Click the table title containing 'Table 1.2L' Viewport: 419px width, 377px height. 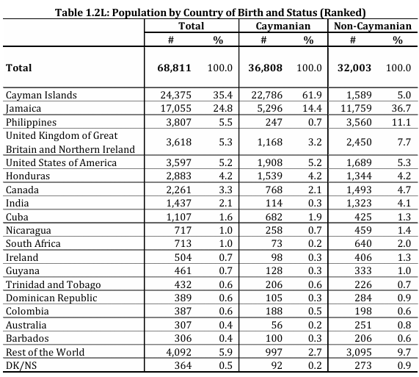pyautogui.click(x=210, y=12)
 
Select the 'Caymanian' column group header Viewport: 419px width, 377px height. pyautogui.click(x=283, y=26)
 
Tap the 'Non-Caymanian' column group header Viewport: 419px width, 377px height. pyautogui.click(x=373, y=26)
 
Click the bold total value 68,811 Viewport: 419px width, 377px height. pyautogui.click(x=174, y=68)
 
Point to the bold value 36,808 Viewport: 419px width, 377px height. pyautogui.click(x=265, y=68)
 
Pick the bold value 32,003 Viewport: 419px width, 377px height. pyautogui.click(x=354, y=68)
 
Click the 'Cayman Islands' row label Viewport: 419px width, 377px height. pyautogui.click(x=41, y=96)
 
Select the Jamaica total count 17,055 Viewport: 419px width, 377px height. pyautogui.click(x=175, y=108)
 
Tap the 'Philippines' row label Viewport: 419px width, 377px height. pyautogui.click(x=31, y=122)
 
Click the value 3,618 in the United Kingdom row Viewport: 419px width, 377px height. pyautogui.click(x=178, y=142)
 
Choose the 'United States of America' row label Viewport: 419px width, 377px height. pyautogui.click(x=61, y=162)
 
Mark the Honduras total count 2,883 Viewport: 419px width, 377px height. pyautogui.click(x=178, y=176)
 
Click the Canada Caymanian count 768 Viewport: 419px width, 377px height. pyautogui.click(x=274, y=190)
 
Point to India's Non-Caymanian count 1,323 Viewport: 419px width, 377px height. pyautogui.click(x=359, y=203)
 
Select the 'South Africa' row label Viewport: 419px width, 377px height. pyautogui.click(x=33, y=243)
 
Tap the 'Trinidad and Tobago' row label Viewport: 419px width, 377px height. pyautogui.click(x=53, y=284)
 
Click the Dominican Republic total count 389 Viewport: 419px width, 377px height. pyautogui.click(x=183, y=298)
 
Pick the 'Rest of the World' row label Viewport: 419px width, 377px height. pyautogui.click(x=45, y=352)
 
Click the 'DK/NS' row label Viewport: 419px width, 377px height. pyautogui.click(x=21, y=365)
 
